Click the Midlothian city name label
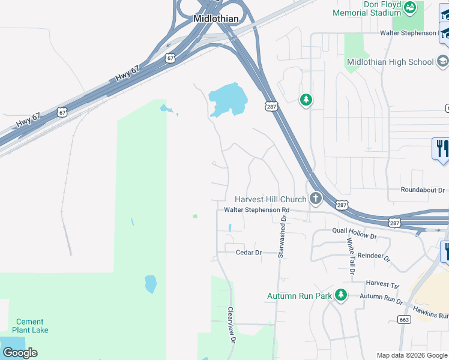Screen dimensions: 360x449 click(215, 19)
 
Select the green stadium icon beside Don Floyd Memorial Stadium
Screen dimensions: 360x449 click(411, 8)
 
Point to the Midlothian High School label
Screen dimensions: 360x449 click(390, 62)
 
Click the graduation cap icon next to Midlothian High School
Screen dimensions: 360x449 click(442, 61)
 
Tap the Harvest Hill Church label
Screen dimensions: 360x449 click(270, 199)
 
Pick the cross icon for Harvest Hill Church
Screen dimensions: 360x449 click(315, 199)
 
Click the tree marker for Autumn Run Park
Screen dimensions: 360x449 click(341, 295)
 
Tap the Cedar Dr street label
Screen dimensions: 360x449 click(249, 253)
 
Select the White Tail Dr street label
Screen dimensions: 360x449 click(350, 256)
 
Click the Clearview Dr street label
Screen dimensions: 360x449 click(230, 325)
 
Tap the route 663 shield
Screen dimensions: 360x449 click(403, 320)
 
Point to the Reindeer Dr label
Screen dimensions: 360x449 click(374, 257)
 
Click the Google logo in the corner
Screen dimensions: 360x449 click(20, 352)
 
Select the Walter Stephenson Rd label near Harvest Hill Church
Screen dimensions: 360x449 click(256, 210)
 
